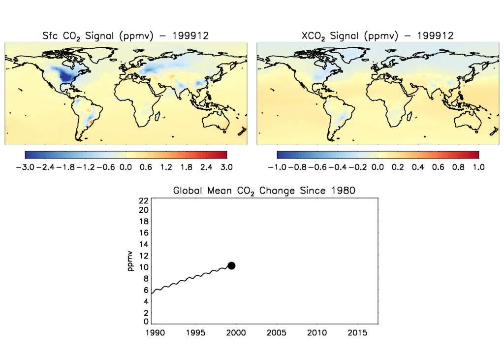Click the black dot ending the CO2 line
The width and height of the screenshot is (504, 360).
pos(231,265)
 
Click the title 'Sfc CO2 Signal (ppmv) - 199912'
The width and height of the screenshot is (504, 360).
pos(126,36)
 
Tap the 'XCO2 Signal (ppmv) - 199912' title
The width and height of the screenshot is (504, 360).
pos(378,36)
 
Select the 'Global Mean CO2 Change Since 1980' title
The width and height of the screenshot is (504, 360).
pos(264,191)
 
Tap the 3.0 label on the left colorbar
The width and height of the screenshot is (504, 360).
pos(227,167)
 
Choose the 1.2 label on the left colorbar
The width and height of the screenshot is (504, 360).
pos(166,167)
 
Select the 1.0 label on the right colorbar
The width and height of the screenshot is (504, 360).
pos(478,167)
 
